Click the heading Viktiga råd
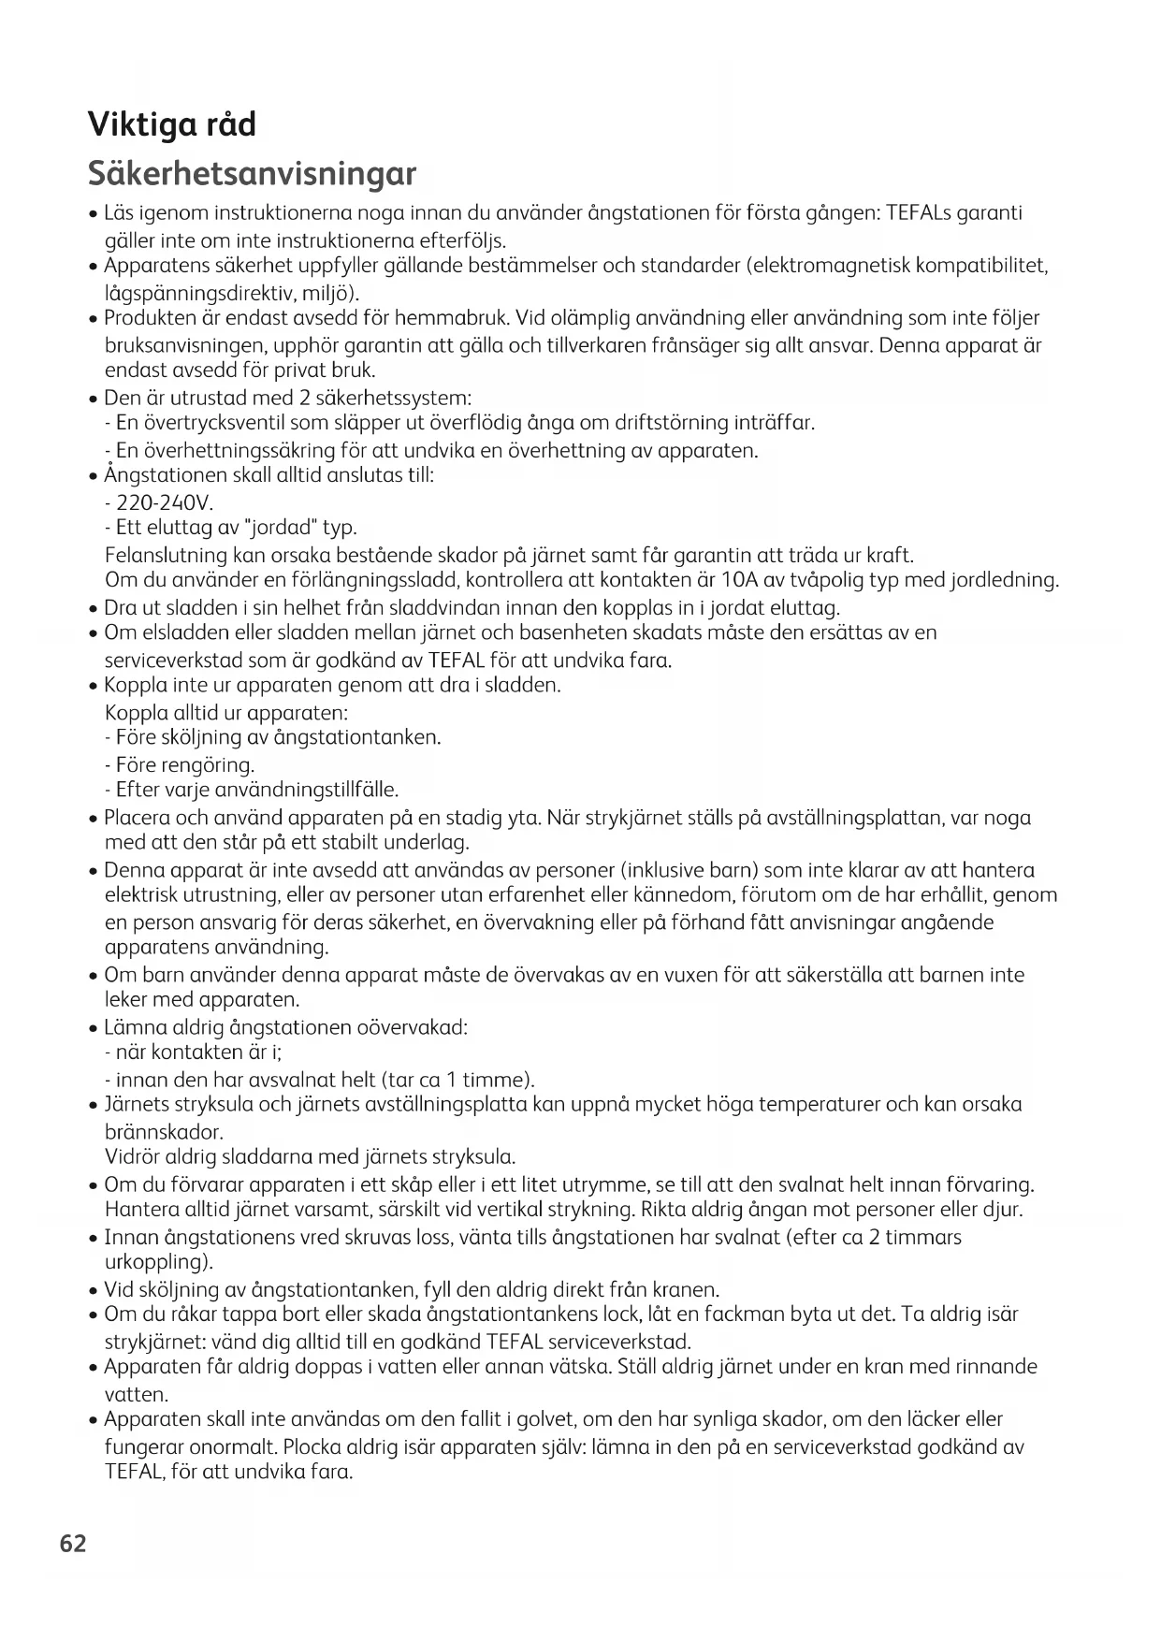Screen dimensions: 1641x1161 171,124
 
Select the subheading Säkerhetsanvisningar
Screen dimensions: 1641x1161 252,174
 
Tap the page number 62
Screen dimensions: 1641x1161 73,1543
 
